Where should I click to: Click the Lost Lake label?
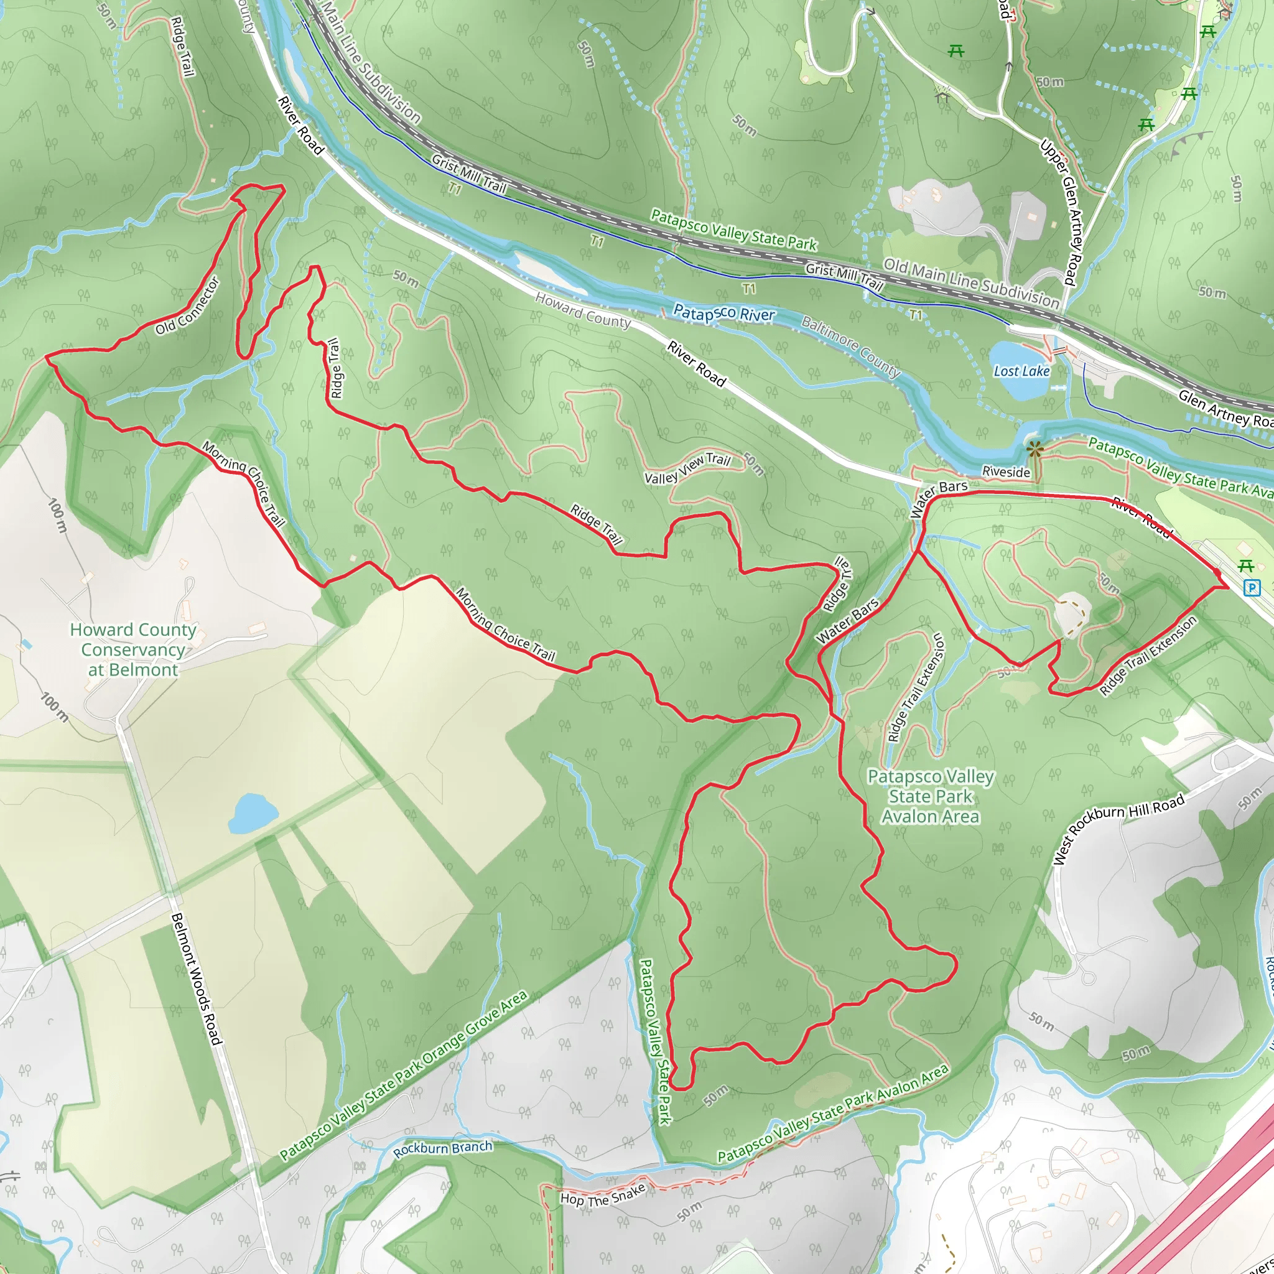(1021, 371)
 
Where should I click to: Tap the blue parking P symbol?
(1251, 587)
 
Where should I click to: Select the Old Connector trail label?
(188, 306)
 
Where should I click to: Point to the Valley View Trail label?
(687, 469)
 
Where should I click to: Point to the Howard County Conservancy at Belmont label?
(133, 649)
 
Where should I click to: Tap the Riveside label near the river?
(1006, 472)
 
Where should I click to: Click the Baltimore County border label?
(850, 345)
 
